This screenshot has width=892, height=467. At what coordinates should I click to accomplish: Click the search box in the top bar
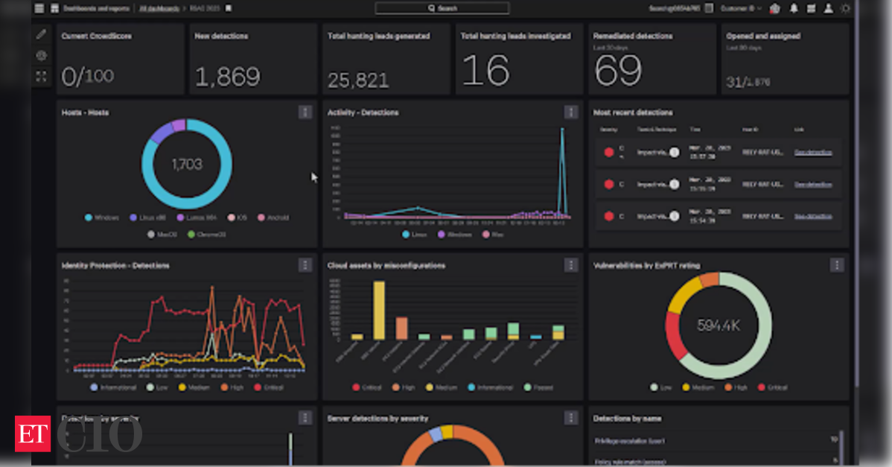tap(442, 8)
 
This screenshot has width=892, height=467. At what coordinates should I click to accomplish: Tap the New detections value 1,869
tap(228, 76)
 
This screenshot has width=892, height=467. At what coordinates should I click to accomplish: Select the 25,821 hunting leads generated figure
tap(358, 80)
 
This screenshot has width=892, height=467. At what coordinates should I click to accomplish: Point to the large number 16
tap(485, 70)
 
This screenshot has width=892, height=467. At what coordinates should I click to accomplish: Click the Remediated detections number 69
tap(618, 70)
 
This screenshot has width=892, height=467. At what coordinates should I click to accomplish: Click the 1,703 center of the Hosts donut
tap(186, 164)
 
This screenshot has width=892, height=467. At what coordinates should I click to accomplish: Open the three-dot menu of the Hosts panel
tap(305, 112)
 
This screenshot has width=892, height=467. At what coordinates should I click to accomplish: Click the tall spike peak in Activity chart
tap(562, 130)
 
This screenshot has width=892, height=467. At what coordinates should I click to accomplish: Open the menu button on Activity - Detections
tap(571, 112)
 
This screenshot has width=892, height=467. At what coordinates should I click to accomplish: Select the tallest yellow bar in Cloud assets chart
tap(378, 310)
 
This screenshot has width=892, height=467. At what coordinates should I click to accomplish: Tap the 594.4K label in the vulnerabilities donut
tap(719, 325)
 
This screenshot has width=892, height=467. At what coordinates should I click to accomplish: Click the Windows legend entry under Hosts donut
tap(103, 217)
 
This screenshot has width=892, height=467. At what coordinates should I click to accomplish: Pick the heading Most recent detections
tap(633, 112)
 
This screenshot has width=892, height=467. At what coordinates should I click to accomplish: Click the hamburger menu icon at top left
tap(39, 8)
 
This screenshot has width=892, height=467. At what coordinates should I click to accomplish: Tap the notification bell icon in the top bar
tap(794, 9)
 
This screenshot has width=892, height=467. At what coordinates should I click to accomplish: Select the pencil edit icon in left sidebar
tap(41, 34)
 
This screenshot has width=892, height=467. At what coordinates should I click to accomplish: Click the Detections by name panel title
tap(628, 419)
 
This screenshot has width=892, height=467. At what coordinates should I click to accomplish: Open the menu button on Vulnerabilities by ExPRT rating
tap(837, 264)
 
